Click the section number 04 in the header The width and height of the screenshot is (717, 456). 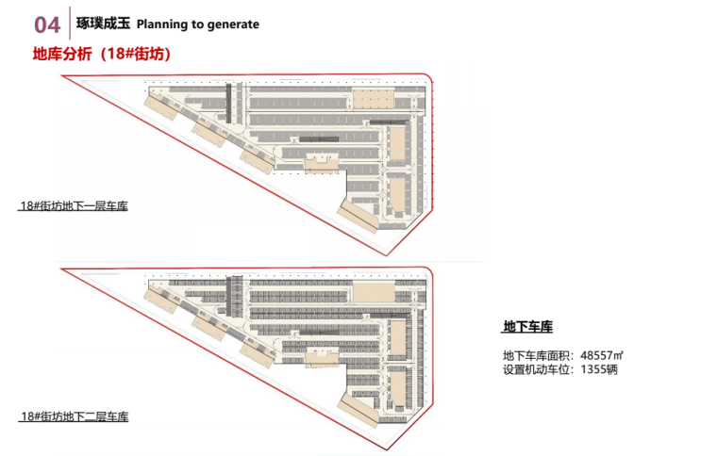(x=46, y=24)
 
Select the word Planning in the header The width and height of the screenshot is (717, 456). (x=163, y=24)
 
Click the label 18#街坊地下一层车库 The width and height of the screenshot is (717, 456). (x=74, y=205)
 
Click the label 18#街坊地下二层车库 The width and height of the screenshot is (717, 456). (x=74, y=415)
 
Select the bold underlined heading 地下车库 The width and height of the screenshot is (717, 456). (x=527, y=327)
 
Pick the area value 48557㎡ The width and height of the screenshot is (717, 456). (x=601, y=355)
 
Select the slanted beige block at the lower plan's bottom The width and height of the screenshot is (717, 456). (x=359, y=407)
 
